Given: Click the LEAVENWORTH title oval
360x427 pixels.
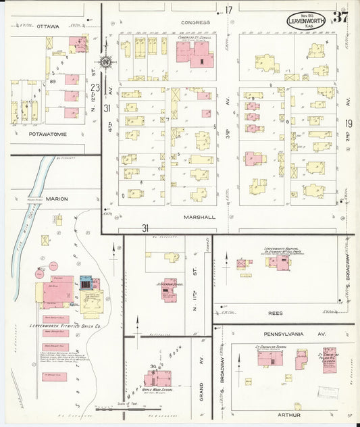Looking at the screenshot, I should click(x=306, y=20).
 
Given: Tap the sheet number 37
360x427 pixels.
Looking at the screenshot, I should click(x=340, y=18).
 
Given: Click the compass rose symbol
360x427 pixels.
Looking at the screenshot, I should click(x=106, y=62).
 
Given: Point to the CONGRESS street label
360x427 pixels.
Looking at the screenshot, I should click(x=195, y=22).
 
